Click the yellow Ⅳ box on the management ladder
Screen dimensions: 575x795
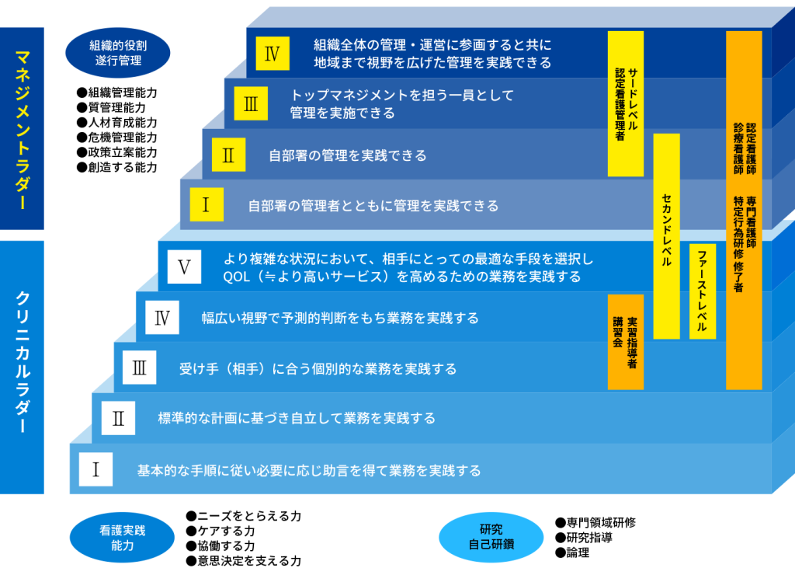coord(272,54)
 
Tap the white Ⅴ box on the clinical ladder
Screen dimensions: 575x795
coord(184,267)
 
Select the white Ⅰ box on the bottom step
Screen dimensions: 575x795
coord(96,469)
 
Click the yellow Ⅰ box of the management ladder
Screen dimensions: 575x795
coord(206,204)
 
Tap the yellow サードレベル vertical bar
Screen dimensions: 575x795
coord(625,103)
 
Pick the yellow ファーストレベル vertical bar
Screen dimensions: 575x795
coord(702,291)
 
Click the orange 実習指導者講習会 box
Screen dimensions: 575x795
coord(625,341)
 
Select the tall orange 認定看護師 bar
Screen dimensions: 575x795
coord(744,210)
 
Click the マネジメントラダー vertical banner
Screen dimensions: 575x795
coord(22,129)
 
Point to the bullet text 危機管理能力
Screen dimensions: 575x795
coord(117,137)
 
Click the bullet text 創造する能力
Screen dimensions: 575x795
coord(117,166)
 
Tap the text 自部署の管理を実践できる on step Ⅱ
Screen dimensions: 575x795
coord(347,155)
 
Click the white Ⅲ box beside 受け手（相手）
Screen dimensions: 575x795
coord(140,368)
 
